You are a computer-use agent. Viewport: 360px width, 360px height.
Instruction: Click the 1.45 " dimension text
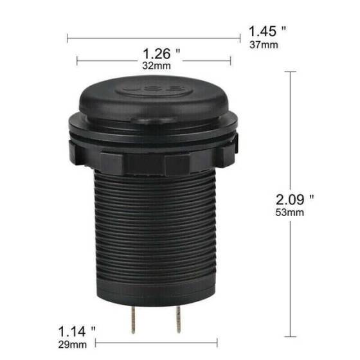click(267, 31)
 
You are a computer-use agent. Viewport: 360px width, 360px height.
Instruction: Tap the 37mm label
click(264, 44)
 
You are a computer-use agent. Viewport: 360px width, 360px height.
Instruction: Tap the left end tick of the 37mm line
click(67, 37)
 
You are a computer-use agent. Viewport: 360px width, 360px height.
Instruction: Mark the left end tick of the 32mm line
click(77, 62)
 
